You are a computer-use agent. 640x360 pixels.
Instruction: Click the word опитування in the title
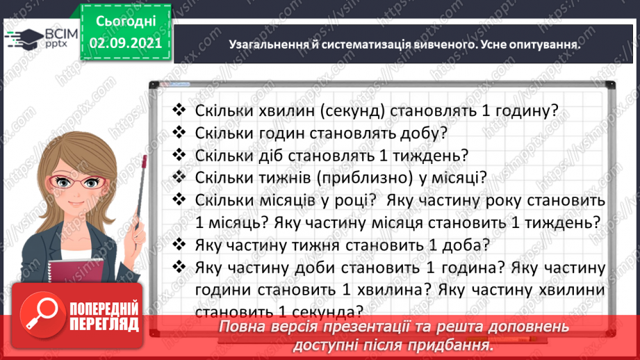(546, 44)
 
